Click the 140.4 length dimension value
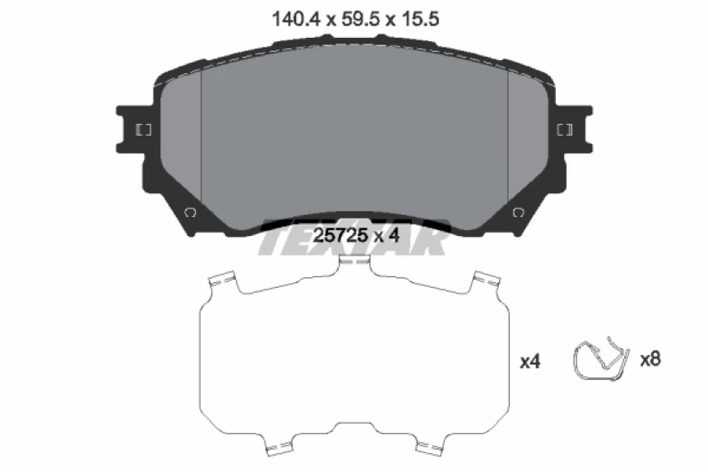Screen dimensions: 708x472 [296, 20]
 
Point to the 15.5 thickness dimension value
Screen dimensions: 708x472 [419, 20]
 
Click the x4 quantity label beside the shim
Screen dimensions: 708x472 [530, 361]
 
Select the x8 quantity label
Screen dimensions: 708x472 [650, 359]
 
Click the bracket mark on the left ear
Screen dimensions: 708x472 [144, 130]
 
